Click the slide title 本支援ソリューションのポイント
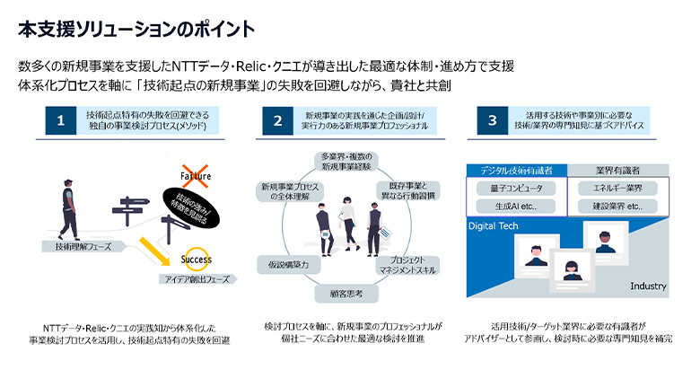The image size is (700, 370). coord(136,29)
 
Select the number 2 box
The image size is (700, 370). coord(278,120)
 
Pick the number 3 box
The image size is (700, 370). coord(492,120)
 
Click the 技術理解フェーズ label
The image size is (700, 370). coord(77,245)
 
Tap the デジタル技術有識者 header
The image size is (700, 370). coord(514,170)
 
